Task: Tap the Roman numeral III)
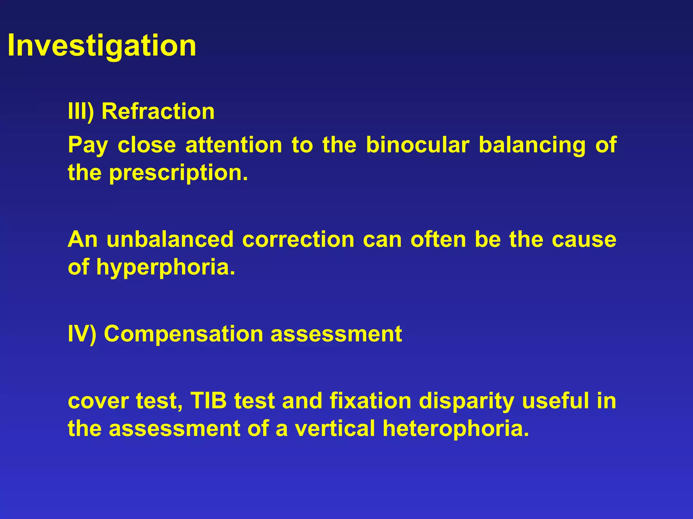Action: pyautogui.click(x=81, y=111)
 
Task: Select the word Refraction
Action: pyautogui.click(x=158, y=111)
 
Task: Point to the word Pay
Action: pyautogui.click(x=88, y=145)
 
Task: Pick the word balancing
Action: pyautogui.click(x=532, y=145)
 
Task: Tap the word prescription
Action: pyautogui.click(x=178, y=173)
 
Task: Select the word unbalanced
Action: pyautogui.click(x=170, y=239)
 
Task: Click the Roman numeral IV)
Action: pyautogui.click(x=82, y=334)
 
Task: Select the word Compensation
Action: pyautogui.click(x=183, y=334)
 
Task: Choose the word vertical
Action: pyautogui.click(x=335, y=428)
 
